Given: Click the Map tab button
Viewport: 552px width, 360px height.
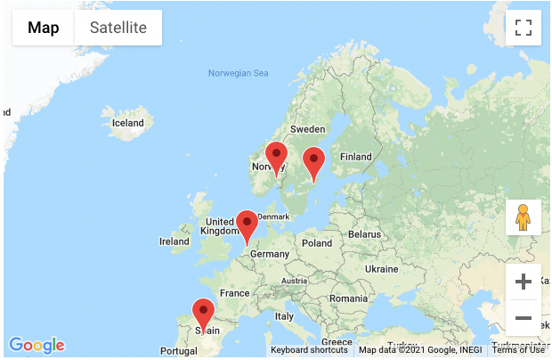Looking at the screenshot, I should click(x=44, y=28).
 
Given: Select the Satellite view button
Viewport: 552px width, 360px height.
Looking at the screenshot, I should click(x=118, y=28).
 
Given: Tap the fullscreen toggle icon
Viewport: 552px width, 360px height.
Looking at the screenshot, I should click(x=524, y=28).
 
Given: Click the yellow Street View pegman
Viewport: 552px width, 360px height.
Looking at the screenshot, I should click(x=524, y=217).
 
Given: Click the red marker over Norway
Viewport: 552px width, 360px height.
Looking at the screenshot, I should click(x=276, y=157).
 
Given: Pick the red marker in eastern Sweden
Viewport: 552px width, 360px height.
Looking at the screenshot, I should click(x=313, y=162).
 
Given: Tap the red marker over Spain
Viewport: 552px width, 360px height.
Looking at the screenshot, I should click(x=204, y=314).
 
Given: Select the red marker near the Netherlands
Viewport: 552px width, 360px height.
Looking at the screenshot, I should click(x=247, y=225).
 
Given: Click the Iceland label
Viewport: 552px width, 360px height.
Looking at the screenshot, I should click(x=127, y=123).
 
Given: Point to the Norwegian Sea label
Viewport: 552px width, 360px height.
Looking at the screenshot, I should click(x=238, y=73).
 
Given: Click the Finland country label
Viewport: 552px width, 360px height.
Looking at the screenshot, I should click(x=355, y=157).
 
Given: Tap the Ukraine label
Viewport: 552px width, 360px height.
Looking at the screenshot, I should click(x=382, y=268).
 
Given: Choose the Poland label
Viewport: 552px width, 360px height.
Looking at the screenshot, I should click(x=316, y=242).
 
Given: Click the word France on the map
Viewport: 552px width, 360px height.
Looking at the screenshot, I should click(x=235, y=293).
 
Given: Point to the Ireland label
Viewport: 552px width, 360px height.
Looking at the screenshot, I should click(x=174, y=241).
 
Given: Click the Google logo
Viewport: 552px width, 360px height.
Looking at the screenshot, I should click(x=37, y=345).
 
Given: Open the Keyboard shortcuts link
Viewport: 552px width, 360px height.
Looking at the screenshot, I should click(x=309, y=350).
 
